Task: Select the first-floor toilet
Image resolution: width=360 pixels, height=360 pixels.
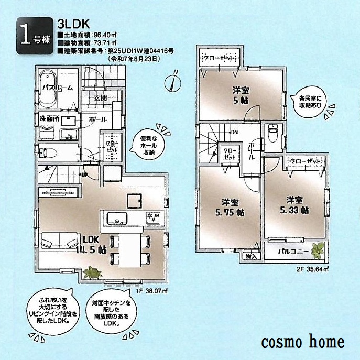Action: tap(51, 152)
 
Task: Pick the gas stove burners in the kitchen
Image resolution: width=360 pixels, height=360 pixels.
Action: tap(154, 217)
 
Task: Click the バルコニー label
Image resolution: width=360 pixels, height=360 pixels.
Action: tap(288, 252)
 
